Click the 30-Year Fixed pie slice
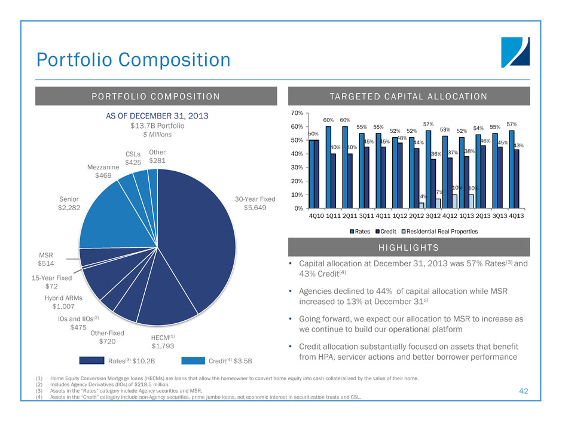[x=197, y=239]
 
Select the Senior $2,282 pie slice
[x=114, y=215]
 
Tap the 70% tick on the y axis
[x=296, y=113]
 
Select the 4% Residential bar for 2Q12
[x=421, y=205]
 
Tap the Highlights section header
[x=410, y=247]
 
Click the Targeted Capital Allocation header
[x=410, y=96]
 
